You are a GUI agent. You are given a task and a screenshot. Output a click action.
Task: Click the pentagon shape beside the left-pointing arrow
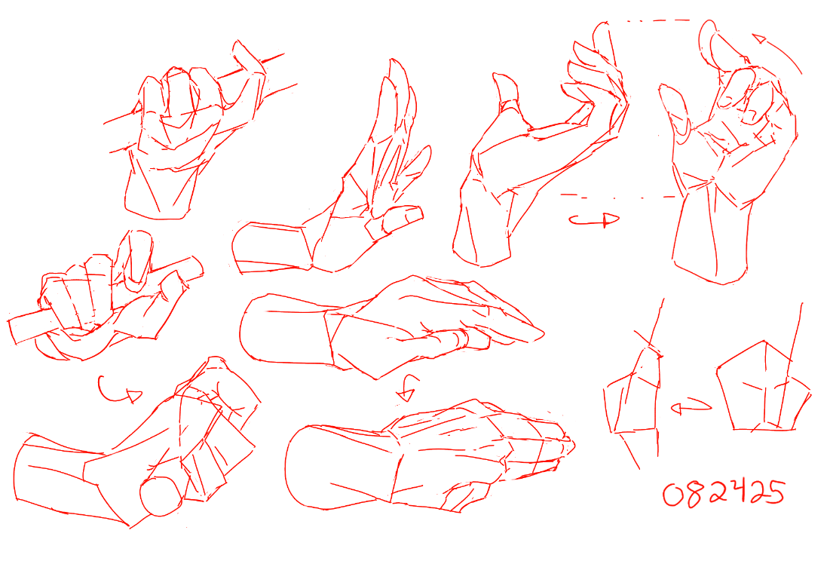(x=763, y=387)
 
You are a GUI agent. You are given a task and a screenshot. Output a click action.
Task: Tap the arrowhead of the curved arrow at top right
(x=759, y=38)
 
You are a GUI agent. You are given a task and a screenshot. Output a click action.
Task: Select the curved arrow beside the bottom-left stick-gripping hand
(x=119, y=391)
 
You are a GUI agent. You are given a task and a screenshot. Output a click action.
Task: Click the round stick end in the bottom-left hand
(x=161, y=495)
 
